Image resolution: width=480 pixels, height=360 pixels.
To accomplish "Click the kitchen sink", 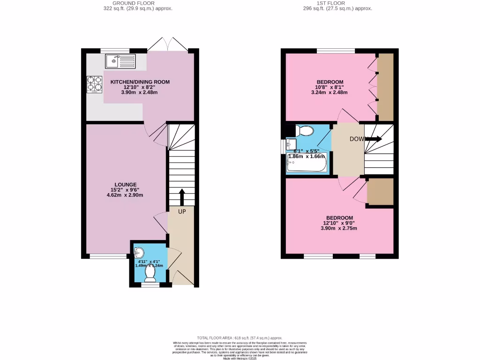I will [120, 61].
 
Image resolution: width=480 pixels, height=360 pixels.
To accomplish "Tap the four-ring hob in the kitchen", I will [94, 84].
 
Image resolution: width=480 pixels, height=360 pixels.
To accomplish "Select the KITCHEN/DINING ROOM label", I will [140, 82].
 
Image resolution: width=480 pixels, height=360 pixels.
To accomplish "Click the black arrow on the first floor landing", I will [374, 139].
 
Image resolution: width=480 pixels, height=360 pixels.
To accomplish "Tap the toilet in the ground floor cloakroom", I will [150, 271].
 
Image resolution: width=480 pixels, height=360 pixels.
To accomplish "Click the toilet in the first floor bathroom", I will [304, 131].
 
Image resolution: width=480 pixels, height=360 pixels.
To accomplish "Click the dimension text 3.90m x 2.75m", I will [339, 229].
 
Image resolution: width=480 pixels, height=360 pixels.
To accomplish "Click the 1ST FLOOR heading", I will [337, 3].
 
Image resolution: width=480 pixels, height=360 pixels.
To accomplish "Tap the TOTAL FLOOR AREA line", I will [240, 337].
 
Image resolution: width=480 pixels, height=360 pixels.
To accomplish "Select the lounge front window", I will [108, 256].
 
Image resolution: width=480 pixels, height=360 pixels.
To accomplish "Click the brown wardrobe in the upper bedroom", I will [385, 87].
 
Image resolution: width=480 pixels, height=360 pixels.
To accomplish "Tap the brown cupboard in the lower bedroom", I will [380, 191].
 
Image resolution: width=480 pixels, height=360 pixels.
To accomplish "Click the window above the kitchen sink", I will [115, 50].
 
